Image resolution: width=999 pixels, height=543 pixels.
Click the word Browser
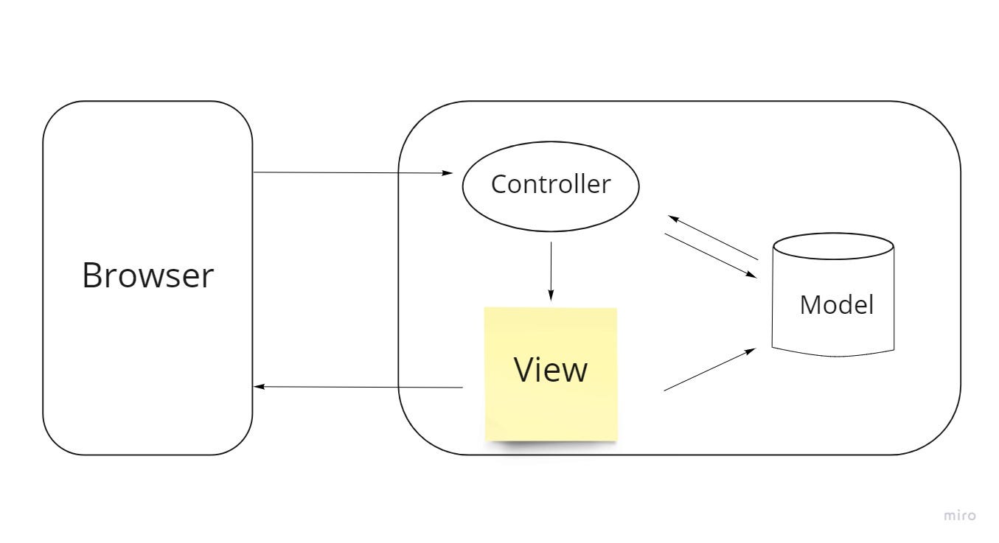147,276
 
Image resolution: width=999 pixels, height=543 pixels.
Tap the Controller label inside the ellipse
551,184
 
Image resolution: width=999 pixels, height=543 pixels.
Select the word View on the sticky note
551,369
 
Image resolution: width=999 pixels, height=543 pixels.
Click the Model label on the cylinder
836,304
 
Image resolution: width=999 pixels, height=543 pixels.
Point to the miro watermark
959,516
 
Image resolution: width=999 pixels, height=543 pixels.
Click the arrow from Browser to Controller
352,173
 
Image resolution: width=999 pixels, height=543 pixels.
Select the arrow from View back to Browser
358,387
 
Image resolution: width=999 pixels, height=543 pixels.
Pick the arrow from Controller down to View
551,269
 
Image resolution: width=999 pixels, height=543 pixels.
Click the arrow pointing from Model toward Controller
713,237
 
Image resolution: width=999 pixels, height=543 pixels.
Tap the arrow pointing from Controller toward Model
711,255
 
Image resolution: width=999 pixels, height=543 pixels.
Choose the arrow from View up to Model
709,370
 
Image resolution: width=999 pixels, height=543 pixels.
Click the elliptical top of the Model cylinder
833,247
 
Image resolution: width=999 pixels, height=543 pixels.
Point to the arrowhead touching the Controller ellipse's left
448,173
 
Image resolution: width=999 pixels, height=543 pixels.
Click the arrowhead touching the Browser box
258,387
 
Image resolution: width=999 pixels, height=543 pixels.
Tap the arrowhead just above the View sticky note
551,295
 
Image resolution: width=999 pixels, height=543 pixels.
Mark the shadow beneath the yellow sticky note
551,444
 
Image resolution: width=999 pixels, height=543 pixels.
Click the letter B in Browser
91,276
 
